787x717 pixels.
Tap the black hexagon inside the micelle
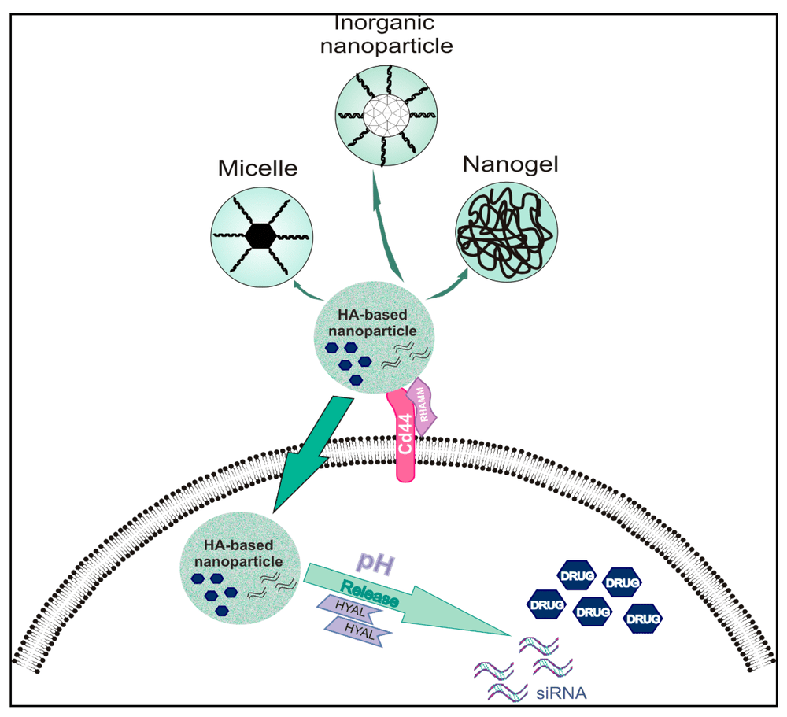tap(260, 235)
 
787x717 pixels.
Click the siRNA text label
tap(561, 693)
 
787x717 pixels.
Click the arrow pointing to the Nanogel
tap(449, 286)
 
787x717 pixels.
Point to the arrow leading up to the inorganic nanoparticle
tap(386, 228)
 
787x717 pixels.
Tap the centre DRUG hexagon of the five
tap(593, 610)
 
